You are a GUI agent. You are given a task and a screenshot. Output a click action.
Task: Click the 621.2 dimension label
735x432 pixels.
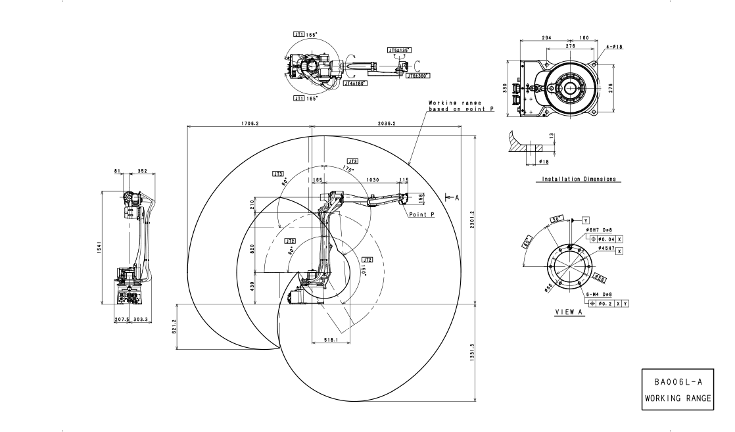(175, 327)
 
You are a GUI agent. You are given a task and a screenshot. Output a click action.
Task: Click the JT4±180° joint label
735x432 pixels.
(355, 84)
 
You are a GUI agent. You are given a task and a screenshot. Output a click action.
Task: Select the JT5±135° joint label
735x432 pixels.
(399, 49)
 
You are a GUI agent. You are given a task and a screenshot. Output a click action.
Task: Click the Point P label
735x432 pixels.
(421, 214)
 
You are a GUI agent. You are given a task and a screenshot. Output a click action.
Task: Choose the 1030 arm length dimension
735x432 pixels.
(373, 178)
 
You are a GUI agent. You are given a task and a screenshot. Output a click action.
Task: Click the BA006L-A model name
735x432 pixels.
(676, 381)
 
